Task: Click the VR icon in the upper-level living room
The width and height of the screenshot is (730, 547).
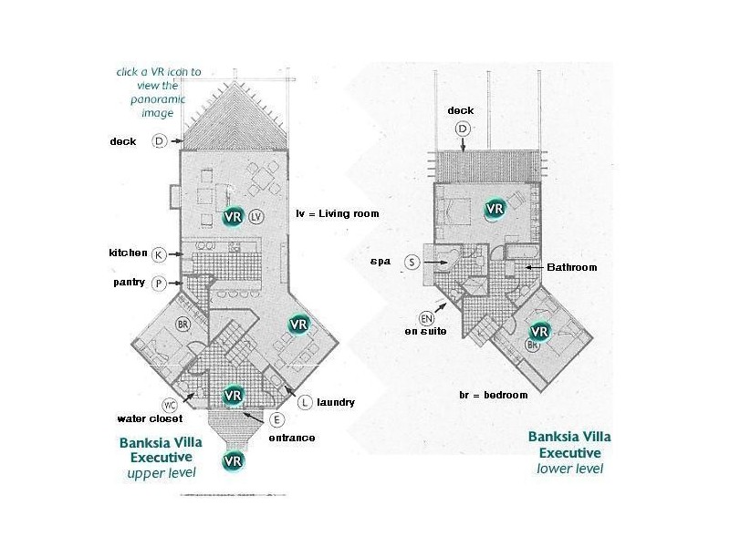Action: pos(233,216)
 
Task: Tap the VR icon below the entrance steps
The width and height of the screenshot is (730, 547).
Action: pos(233,461)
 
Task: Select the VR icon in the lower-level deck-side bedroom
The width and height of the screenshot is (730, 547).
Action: pos(494,209)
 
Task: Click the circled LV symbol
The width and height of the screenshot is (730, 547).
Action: pos(256,216)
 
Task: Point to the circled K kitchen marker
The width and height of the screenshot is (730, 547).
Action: pos(159,254)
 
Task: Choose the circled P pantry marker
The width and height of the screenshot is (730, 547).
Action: pos(159,284)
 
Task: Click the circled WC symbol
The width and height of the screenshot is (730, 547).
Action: pos(170,405)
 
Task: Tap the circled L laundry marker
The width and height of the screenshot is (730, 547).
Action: pos(305,402)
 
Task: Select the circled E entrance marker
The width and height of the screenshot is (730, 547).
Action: pos(276,420)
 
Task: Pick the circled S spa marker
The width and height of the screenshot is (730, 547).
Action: pos(412,263)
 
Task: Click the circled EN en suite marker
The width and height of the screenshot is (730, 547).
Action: pos(426,318)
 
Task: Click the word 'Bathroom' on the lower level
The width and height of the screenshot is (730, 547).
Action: pos(572,267)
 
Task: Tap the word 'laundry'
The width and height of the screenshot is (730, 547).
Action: pos(336,402)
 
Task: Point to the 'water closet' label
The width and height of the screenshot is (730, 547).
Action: pos(150,418)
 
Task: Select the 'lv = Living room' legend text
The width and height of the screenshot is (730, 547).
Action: pos(338,213)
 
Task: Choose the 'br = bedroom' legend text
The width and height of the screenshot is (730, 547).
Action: pos(494,395)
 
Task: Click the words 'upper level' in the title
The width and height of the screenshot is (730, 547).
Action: pos(162,473)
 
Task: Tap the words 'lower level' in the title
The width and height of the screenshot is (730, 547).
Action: pos(569,469)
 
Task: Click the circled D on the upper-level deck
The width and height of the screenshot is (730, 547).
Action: pos(159,141)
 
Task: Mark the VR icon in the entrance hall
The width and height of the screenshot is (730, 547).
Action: pos(233,396)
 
